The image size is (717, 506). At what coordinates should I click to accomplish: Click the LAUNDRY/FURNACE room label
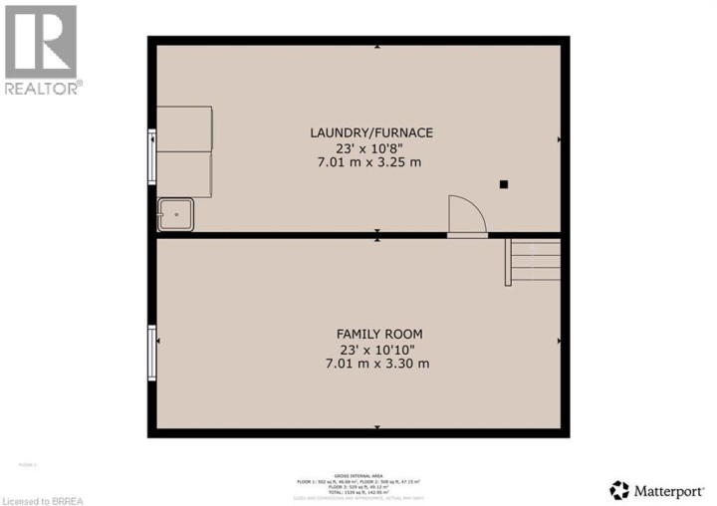pyautogui.click(x=371, y=132)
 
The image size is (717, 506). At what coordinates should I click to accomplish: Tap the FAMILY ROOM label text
pyautogui.click(x=371, y=334)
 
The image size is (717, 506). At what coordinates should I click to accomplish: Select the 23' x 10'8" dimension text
pyautogui.click(x=371, y=147)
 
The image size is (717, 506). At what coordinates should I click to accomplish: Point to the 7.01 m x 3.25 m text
pyautogui.click(x=371, y=162)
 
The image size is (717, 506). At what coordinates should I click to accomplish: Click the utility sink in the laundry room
pyautogui.click(x=176, y=214)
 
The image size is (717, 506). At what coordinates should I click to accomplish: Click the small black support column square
pyautogui.click(x=504, y=183)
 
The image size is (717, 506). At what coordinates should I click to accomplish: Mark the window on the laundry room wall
pyautogui.click(x=151, y=155)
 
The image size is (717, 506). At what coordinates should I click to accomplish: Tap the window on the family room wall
pyautogui.click(x=151, y=353)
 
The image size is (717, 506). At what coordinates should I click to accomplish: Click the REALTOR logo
pyautogui.click(x=41, y=50)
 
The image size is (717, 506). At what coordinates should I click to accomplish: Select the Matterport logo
pyautogui.click(x=658, y=489)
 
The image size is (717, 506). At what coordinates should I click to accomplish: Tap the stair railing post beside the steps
pyautogui.click(x=508, y=262)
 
